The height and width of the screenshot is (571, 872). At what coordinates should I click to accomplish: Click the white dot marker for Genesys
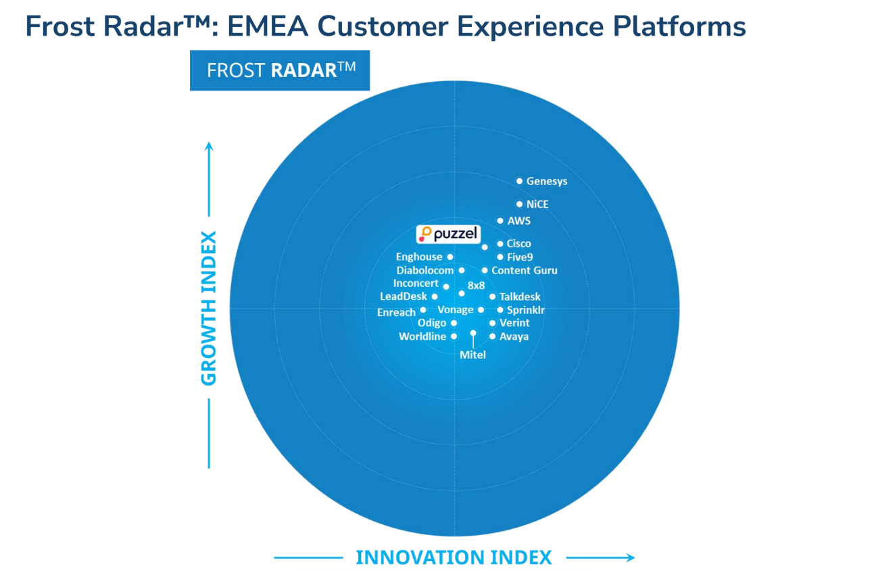pyautogui.click(x=519, y=181)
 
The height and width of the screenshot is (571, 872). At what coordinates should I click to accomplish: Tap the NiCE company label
pyautogui.click(x=537, y=204)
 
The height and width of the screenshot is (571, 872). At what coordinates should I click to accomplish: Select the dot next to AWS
pyautogui.click(x=500, y=221)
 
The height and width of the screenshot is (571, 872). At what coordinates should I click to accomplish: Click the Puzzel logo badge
pyautogui.click(x=448, y=235)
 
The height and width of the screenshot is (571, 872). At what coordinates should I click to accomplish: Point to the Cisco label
pyautogui.click(x=519, y=244)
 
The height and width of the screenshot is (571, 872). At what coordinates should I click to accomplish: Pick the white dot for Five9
pyautogui.click(x=500, y=257)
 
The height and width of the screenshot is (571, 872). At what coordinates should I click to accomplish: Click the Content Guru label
pyautogui.click(x=525, y=271)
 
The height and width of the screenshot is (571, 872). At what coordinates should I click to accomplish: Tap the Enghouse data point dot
pyautogui.click(x=450, y=257)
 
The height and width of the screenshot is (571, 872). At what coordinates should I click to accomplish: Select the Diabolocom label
pyautogui.click(x=425, y=271)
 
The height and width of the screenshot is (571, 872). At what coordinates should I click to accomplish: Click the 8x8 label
pyautogui.click(x=476, y=285)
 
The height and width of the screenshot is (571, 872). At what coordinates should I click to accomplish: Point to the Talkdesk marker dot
pyautogui.click(x=493, y=297)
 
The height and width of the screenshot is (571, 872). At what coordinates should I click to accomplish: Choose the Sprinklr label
pyautogui.click(x=526, y=310)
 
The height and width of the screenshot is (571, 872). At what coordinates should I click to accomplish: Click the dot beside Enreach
pyautogui.click(x=423, y=311)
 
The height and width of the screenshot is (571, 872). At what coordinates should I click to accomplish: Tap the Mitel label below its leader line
pyautogui.click(x=473, y=354)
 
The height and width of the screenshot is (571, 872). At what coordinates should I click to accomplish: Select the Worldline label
pyautogui.click(x=422, y=336)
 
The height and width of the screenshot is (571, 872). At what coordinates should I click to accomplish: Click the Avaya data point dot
pyautogui.click(x=493, y=336)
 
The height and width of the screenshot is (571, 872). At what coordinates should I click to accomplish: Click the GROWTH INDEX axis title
pyautogui.click(x=210, y=309)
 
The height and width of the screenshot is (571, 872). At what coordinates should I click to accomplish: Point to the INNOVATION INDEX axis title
pyautogui.click(x=454, y=557)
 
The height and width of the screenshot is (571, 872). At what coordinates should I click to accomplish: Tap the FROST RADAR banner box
pyautogui.click(x=280, y=70)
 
